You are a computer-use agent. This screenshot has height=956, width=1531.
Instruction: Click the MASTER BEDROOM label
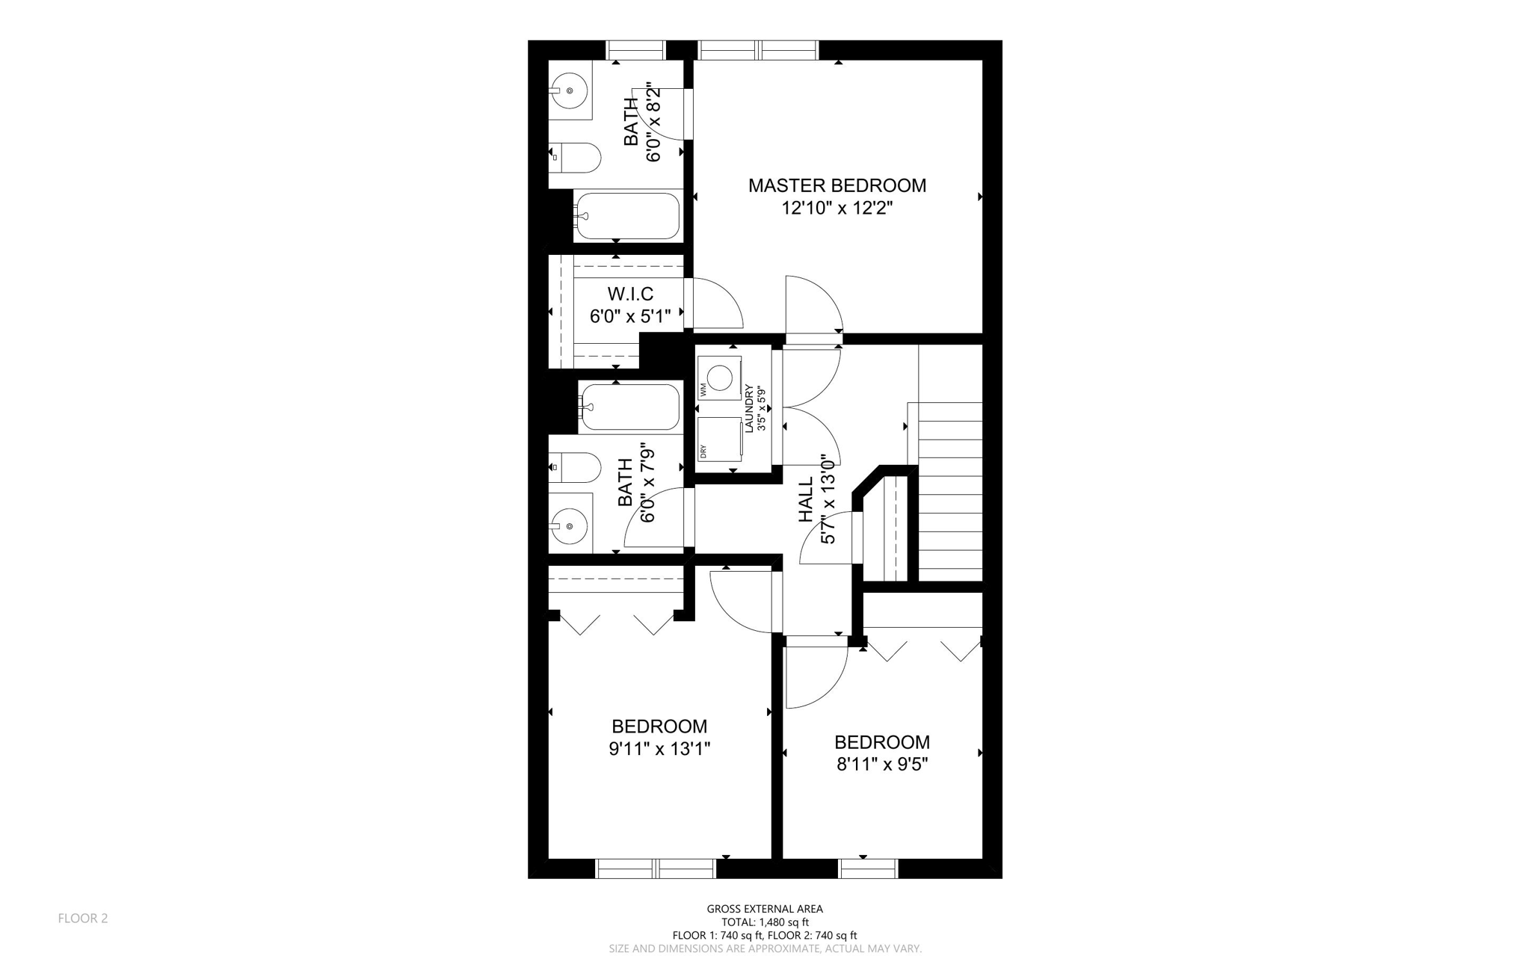coord(837,185)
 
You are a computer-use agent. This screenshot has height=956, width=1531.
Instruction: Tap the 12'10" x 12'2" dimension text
coord(837,208)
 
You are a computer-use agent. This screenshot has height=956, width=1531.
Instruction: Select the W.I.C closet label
coord(629,294)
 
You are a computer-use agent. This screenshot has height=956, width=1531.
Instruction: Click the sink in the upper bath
coord(570,90)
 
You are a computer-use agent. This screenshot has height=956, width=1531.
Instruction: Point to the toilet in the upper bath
coord(578,157)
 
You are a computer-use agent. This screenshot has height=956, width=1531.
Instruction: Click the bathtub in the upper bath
coord(627,216)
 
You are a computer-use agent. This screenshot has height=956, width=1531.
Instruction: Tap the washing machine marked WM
coord(718,377)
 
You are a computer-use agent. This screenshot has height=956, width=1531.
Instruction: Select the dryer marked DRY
coord(718,439)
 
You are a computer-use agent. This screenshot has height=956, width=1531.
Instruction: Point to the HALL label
coord(806,500)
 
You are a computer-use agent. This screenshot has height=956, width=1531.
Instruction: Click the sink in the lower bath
coord(570,525)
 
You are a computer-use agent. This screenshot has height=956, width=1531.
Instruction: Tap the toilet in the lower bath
coord(578,468)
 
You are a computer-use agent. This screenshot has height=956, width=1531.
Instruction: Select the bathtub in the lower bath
coord(630,407)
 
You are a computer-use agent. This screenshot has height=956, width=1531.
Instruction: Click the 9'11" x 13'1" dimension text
coord(659,748)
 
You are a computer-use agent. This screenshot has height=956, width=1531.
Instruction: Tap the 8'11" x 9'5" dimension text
coord(882,764)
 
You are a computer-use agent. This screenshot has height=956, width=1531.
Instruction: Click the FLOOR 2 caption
coord(83,918)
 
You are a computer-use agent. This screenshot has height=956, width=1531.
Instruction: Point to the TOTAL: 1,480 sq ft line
coord(765,922)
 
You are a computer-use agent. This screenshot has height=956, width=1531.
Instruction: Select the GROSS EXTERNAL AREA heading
coord(765,909)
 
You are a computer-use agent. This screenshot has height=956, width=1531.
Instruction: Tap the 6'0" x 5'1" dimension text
coord(629,316)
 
